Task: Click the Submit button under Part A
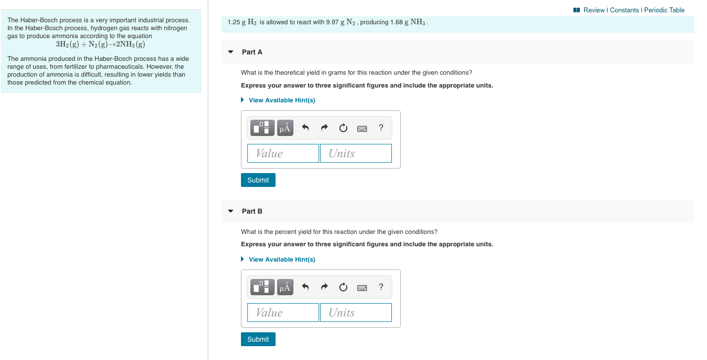click(258, 180)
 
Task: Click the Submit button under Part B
click(258, 339)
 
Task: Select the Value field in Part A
click(283, 153)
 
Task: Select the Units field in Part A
click(356, 153)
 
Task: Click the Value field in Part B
click(283, 313)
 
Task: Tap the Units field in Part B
click(356, 313)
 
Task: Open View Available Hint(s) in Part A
click(282, 100)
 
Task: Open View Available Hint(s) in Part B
click(282, 260)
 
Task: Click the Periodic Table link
click(664, 10)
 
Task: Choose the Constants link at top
click(624, 10)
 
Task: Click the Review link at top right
click(594, 10)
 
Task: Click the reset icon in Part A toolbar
click(343, 128)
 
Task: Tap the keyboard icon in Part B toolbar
click(362, 287)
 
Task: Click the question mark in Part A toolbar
click(380, 128)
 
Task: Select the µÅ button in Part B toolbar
click(284, 287)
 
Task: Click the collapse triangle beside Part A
click(231, 52)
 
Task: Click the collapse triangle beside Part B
click(231, 211)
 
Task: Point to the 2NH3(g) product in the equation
click(130, 45)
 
